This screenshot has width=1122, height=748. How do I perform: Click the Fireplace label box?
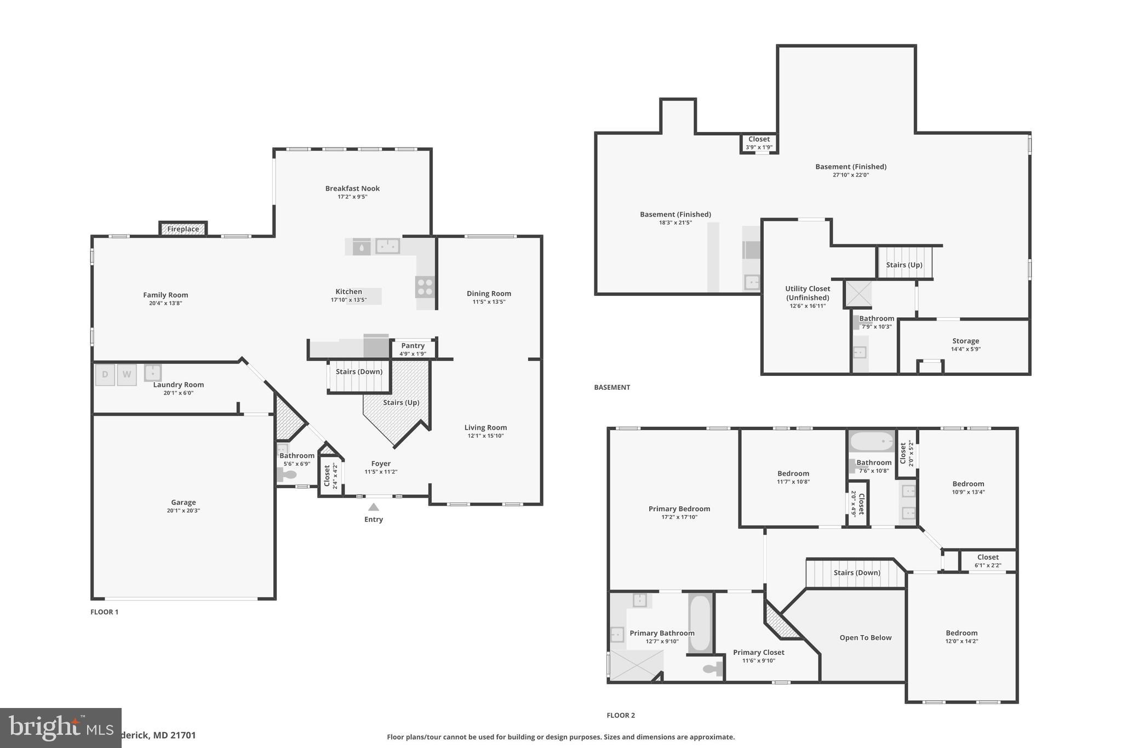[x=183, y=229]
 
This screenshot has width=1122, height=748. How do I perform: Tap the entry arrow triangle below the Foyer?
[x=373, y=507]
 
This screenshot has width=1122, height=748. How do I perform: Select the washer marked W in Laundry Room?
[x=127, y=375]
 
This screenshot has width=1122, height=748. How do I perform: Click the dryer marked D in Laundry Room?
[x=105, y=375]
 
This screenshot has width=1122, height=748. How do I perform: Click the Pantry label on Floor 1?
[x=413, y=346]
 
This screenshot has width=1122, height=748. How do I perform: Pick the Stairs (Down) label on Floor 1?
[x=359, y=372]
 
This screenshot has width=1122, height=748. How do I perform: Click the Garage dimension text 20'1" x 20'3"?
[x=183, y=511]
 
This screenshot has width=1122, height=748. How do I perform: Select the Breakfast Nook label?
[x=352, y=189]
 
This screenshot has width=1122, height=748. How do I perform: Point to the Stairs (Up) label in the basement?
[x=904, y=265]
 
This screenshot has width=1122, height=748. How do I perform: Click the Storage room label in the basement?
[x=965, y=341]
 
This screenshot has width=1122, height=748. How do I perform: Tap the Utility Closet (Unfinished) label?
[x=808, y=293]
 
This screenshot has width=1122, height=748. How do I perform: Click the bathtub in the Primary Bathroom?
[x=700, y=623]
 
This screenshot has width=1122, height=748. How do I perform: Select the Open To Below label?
[x=865, y=638]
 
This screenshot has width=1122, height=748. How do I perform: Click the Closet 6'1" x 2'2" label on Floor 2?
[x=988, y=557]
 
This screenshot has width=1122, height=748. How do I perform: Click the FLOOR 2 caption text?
[x=621, y=715]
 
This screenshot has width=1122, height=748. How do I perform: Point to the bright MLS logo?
[x=60, y=728]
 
